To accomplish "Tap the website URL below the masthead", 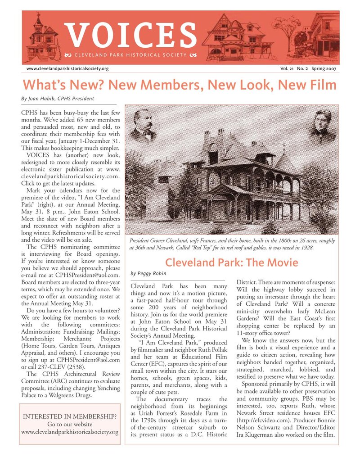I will pyautogui.click(x=67, y=68).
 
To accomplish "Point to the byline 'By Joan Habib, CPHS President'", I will pyautogui.click(x=57, y=98).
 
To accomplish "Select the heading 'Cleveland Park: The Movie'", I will pyautogui.click(x=231, y=262).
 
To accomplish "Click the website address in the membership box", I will pyautogui.click(x=71, y=432).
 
